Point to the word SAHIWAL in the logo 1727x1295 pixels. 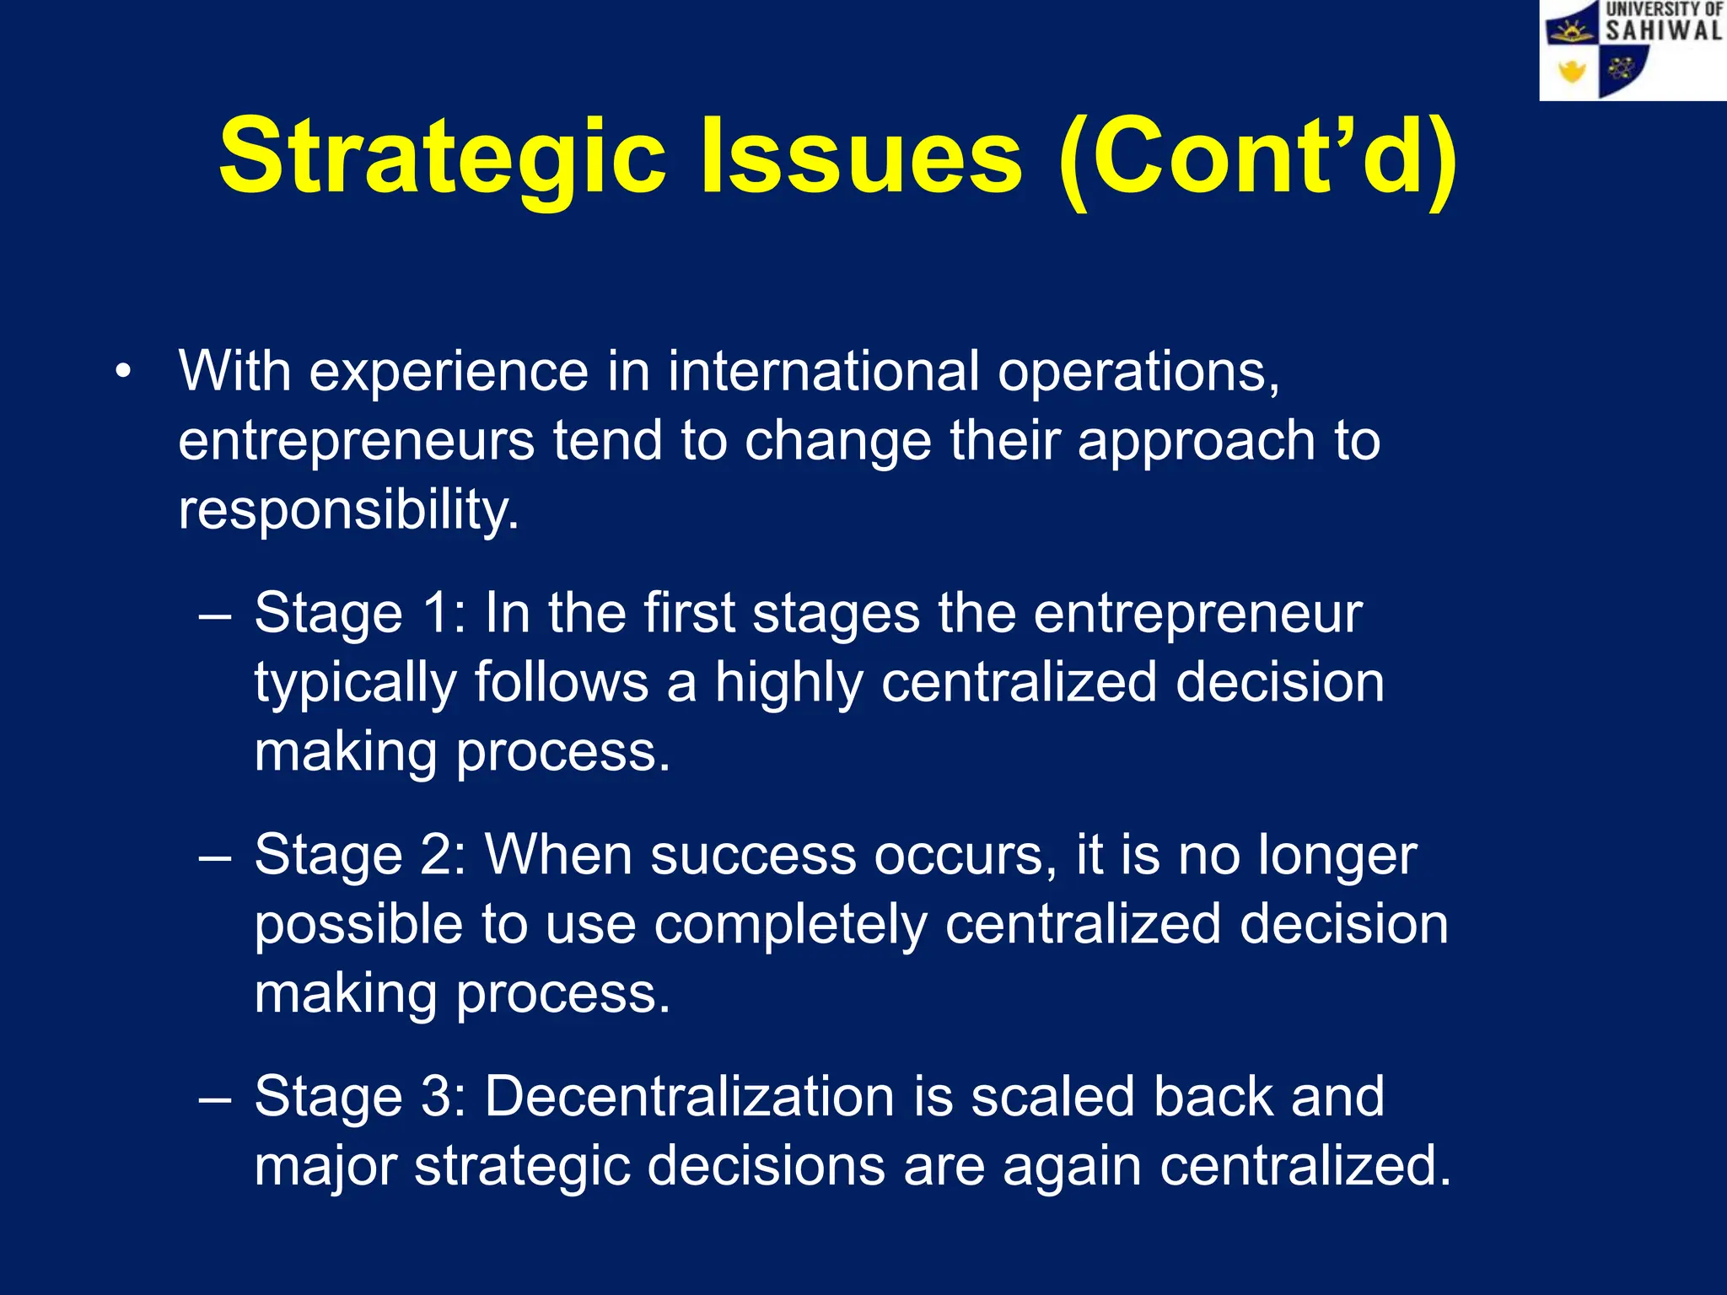pos(1663,31)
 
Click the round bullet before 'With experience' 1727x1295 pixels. pos(124,372)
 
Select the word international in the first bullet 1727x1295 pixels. pos(824,372)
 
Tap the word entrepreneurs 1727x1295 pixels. pos(356,441)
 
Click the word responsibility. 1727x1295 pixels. pos(347,510)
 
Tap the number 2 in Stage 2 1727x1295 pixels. pos(438,855)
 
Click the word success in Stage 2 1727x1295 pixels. pos(753,857)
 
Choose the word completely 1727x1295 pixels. pos(790,925)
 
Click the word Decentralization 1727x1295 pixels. pos(690,1097)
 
